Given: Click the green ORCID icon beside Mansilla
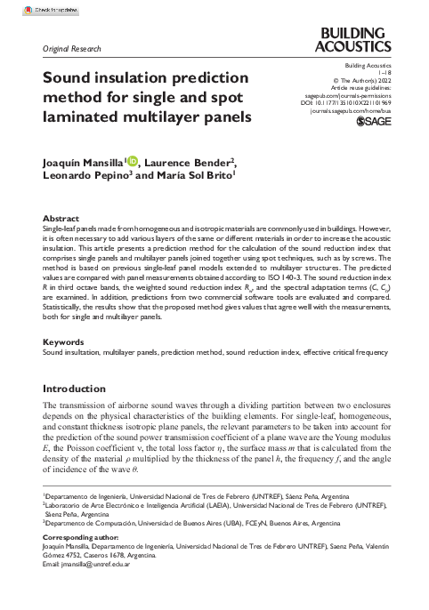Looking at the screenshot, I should tap(134, 161).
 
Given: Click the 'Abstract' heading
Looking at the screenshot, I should tap(61, 217).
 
